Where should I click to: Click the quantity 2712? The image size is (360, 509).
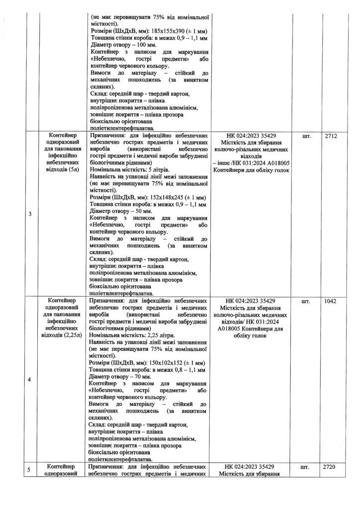(x=331, y=136)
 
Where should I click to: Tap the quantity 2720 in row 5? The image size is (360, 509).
(x=331, y=467)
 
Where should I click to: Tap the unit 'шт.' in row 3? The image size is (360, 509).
(x=306, y=136)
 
